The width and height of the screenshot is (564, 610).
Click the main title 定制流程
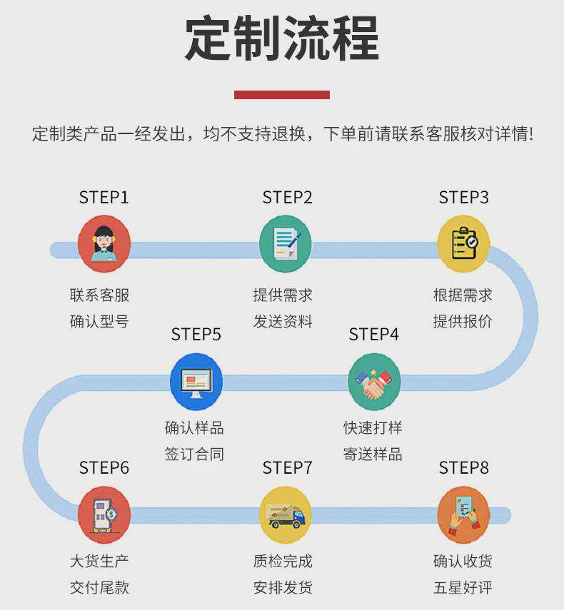tap(282, 39)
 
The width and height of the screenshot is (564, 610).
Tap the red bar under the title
tap(282, 94)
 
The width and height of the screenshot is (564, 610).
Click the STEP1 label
tap(104, 198)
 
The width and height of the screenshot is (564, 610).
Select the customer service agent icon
tap(104, 243)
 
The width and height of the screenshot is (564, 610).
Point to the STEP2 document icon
tap(285, 243)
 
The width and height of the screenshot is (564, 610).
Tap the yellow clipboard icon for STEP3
tap(463, 243)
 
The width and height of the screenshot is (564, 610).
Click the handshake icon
tap(374, 381)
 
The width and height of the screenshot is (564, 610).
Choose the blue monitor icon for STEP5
tap(196, 381)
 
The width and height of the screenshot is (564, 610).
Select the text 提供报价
tap(463, 321)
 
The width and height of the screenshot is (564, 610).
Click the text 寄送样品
tap(373, 454)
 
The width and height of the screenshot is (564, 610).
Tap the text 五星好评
tap(463, 588)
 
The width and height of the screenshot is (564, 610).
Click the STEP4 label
tap(373, 335)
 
